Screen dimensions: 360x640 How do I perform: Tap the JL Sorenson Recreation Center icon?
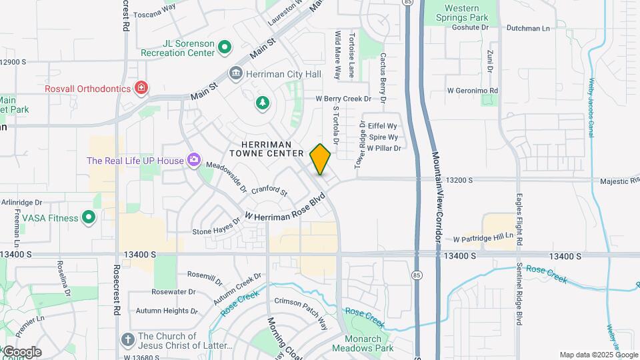225,47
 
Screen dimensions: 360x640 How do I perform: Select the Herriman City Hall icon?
235,73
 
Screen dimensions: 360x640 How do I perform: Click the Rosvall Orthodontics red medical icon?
141,88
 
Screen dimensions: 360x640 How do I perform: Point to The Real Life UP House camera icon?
194,159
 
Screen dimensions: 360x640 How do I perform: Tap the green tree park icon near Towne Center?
263,102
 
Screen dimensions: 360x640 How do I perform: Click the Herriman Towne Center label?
267,149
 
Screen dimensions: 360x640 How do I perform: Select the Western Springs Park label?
471,13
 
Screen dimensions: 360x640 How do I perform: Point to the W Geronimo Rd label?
473,90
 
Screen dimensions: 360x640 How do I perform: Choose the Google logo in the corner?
22,352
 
